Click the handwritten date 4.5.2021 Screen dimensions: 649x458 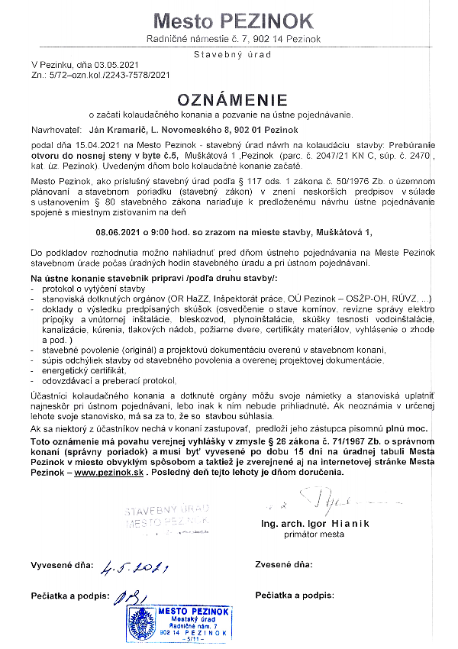point(134,567)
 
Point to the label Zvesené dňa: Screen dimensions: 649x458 point(285,565)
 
